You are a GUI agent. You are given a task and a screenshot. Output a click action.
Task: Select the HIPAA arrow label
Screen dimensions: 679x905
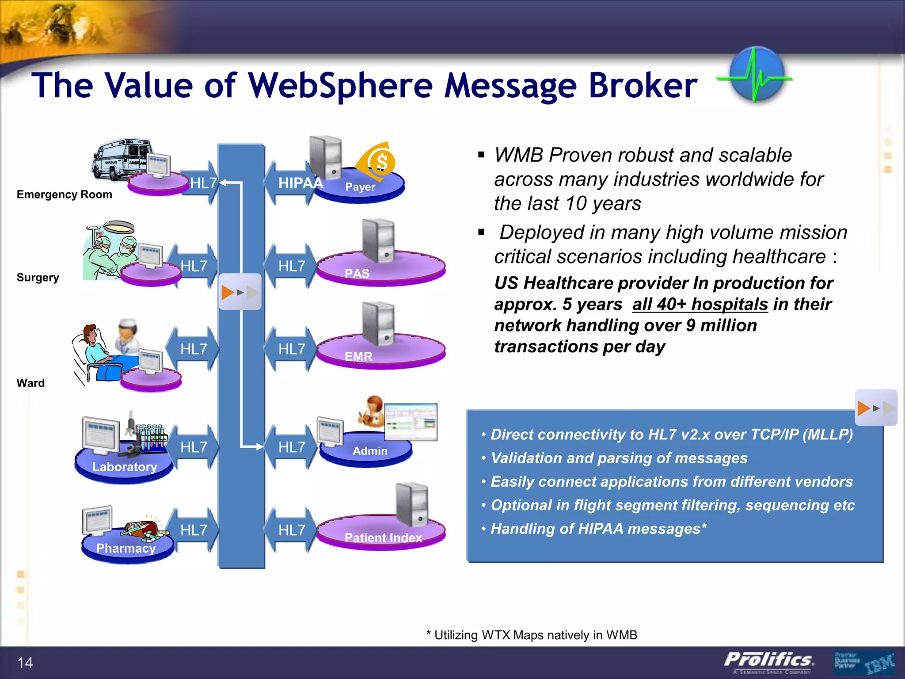(x=300, y=183)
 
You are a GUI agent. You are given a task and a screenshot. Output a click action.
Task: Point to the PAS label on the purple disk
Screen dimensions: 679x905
(x=357, y=273)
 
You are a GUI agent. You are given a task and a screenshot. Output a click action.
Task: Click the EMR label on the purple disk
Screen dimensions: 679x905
(x=358, y=356)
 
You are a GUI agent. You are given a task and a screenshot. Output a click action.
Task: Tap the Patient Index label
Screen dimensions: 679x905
(x=383, y=538)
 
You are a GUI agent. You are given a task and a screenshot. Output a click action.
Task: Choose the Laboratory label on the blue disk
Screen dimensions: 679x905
(x=125, y=467)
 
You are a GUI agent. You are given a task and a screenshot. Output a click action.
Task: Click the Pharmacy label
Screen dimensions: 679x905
(x=126, y=548)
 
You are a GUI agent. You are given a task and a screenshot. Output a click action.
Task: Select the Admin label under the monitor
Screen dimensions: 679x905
(x=370, y=451)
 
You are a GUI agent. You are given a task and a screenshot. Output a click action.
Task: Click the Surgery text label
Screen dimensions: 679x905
(x=38, y=278)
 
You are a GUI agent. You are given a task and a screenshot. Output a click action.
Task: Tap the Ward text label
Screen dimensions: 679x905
(x=30, y=383)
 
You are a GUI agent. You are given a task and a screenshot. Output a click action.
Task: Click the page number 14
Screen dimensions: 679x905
(x=25, y=663)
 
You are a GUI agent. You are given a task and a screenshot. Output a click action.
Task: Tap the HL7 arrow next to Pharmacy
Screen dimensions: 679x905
(x=194, y=530)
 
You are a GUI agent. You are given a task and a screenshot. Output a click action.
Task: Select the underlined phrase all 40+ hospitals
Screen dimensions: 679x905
(x=700, y=304)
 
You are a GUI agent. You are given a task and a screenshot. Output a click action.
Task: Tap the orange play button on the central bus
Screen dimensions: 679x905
(x=228, y=292)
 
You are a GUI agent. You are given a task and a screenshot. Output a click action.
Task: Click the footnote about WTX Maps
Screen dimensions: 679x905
(x=532, y=635)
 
